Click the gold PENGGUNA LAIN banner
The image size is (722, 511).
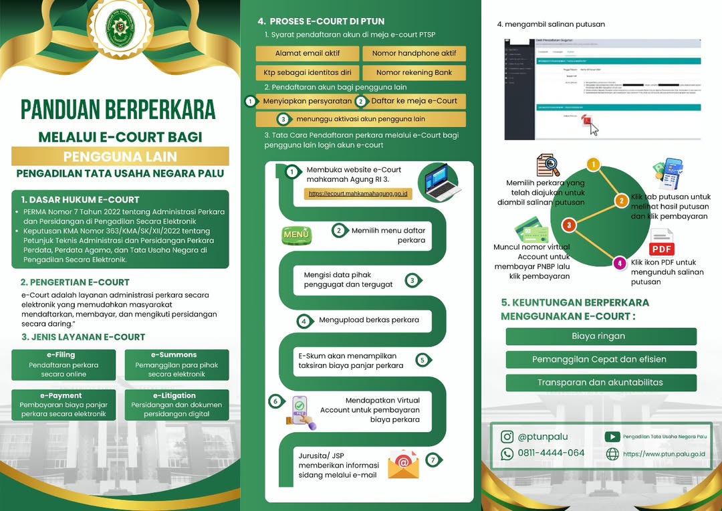pyautogui.click(x=120, y=157)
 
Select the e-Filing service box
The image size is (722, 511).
pyautogui.click(x=63, y=365)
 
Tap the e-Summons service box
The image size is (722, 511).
pyautogui.click(x=176, y=365)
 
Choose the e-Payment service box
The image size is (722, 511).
pyautogui.click(x=63, y=405)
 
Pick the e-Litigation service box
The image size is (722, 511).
pyautogui.click(x=176, y=405)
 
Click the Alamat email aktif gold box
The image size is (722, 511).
pyautogui.click(x=308, y=54)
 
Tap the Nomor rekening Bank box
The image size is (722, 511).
pyautogui.click(x=414, y=72)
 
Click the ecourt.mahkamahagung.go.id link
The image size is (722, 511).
pyautogui.click(x=358, y=194)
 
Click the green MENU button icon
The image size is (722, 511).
pyautogui.click(x=297, y=235)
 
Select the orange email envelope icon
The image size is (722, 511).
pyautogui.click(x=403, y=464)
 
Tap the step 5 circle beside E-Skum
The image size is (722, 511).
pyautogui.click(x=422, y=360)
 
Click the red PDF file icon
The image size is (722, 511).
pyautogui.click(x=662, y=242)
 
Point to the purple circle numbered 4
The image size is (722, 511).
pyautogui.click(x=620, y=264)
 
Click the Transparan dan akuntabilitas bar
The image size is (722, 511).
pyautogui.click(x=601, y=383)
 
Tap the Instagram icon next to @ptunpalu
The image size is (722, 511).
pyautogui.click(x=507, y=437)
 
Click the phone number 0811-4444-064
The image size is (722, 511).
pyautogui.click(x=551, y=453)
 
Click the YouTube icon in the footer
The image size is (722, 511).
pyautogui.click(x=612, y=436)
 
